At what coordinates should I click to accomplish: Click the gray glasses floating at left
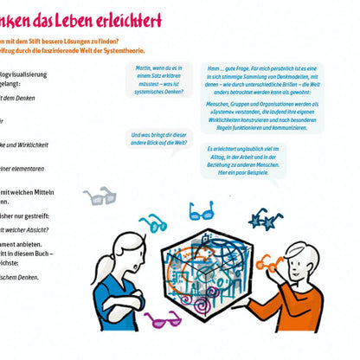click(100, 197)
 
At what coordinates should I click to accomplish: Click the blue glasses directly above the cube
click(201, 210)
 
